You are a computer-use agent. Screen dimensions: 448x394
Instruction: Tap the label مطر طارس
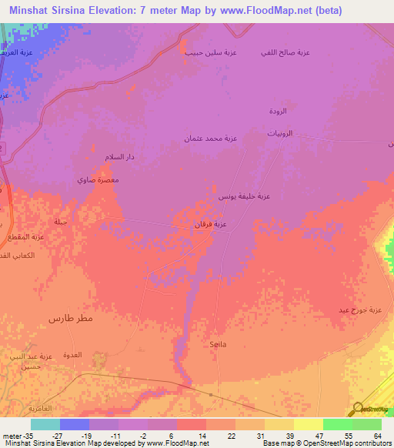point(71,318)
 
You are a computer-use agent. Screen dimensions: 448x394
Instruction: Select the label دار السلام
point(120,157)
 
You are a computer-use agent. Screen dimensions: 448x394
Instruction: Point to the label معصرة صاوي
point(98,179)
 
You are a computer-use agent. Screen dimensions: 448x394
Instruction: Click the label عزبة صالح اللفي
point(286,52)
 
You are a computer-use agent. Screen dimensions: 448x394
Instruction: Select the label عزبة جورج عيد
point(361,310)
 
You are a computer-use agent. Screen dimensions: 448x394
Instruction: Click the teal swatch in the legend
point(45,424)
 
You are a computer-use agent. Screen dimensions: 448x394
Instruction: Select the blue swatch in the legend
point(75,424)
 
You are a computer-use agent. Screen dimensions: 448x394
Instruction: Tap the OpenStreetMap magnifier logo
point(359,408)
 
